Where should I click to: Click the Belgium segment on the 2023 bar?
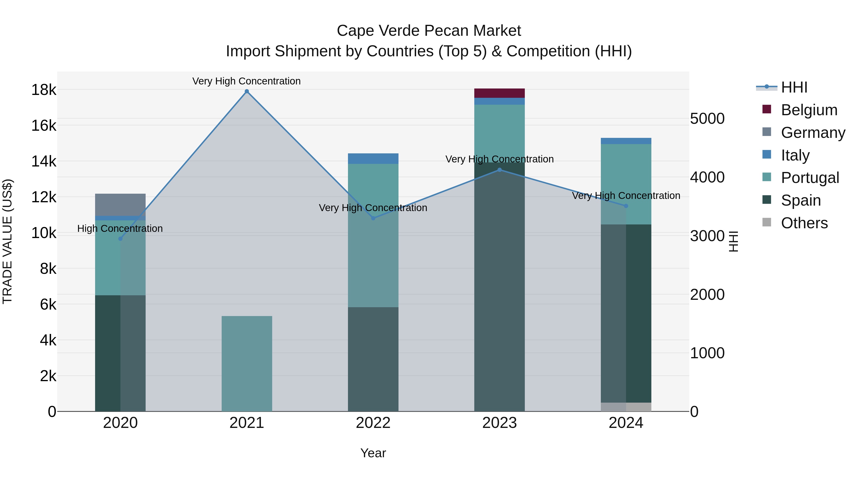click(x=499, y=93)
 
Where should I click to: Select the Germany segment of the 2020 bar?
click(x=120, y=205)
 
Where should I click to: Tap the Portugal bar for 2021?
click(x=247, y=363)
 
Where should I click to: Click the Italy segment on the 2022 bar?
click(x=373, y=159)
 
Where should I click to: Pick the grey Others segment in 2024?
click(x=626, y=407)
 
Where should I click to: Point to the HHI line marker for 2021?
click(x=247, y=91)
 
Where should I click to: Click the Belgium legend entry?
click(x=809, y=110)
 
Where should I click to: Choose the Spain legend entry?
click(x=801, y=200)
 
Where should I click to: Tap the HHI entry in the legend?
click(x=794, y=87)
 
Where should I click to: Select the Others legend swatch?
click(x=767, y=222)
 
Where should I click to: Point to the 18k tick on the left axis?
click(x=44, y=90)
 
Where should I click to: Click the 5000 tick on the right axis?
click(x=707, y=119)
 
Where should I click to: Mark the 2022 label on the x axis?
click(x=373, y=423)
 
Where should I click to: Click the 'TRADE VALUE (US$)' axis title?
click(x=7, y=241)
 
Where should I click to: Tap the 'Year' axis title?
click(x=373, y=453)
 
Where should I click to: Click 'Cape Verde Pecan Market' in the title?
click(x=429, y=31)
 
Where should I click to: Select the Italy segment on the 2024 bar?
click(x=626, y=141)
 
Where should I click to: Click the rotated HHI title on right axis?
click(x=733, y=241)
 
